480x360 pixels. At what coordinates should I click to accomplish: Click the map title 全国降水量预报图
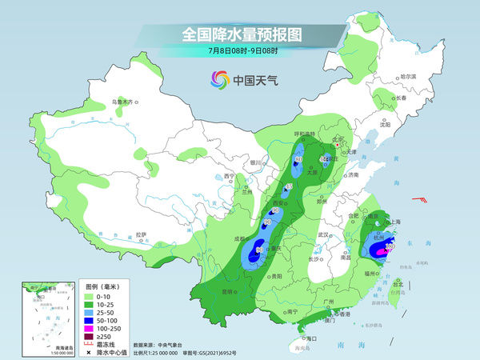tap(240, 34)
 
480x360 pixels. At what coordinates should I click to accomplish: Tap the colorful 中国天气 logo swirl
tap(218, 79)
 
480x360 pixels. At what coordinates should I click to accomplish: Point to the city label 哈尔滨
tap(408, 76)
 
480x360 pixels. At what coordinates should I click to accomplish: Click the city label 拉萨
tap(142, 234)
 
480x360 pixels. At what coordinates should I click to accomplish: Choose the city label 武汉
tap(323, 234)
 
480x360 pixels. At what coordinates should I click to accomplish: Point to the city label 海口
tap(312, 339)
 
